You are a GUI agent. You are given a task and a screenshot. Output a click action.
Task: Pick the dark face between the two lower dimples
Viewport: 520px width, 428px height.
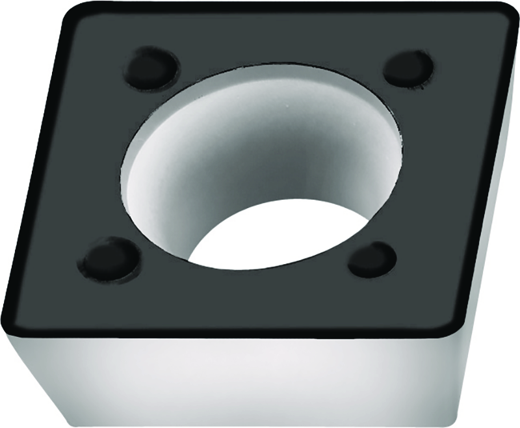(240, 293)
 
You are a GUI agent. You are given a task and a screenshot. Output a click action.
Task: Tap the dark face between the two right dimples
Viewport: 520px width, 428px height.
(429, 163)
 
